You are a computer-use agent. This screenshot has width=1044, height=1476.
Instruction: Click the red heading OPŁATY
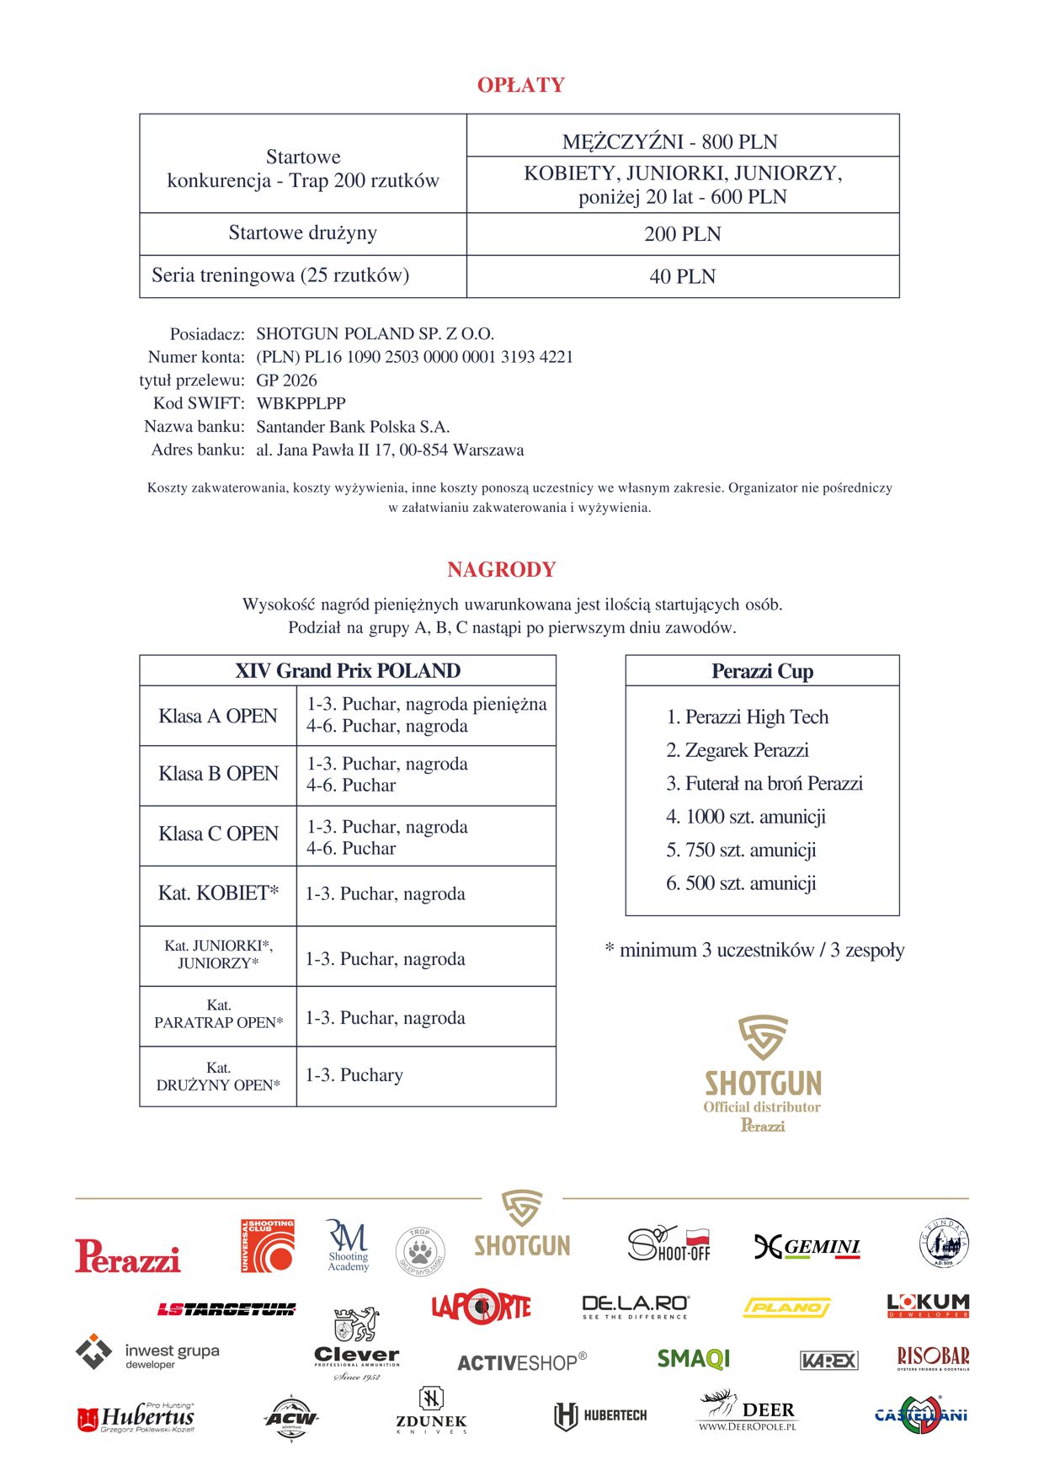[520, 85]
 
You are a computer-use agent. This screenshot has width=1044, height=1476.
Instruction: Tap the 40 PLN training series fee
[682, 276]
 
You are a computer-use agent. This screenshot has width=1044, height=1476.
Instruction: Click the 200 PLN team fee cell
[682, 234]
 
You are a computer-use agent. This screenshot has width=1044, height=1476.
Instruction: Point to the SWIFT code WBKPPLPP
[301, 403]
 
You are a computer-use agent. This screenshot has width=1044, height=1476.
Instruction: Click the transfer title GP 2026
[286, 381]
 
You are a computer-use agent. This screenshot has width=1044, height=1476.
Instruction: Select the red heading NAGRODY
[501, 570]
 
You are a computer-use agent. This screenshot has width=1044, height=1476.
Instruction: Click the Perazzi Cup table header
[762, 671]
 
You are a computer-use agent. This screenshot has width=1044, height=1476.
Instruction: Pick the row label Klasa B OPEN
[218, 774]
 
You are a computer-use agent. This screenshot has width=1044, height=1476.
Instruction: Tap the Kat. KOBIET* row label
[218, 893]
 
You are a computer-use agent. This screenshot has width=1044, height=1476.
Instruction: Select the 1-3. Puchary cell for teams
[354, 1075]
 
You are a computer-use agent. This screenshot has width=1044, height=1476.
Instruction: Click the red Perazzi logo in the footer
[127, 1255]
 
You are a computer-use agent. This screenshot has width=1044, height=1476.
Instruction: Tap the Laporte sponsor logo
[481, 1307]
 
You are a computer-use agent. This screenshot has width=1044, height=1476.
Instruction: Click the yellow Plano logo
[786, 1308]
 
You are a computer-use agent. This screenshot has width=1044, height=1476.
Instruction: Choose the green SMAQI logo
[693, 1359]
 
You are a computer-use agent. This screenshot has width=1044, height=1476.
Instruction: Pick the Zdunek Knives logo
[431, 1412]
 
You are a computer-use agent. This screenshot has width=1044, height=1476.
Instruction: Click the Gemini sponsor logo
[807, 1247]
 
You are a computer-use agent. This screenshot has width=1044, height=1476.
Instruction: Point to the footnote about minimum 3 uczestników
[754, 951]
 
